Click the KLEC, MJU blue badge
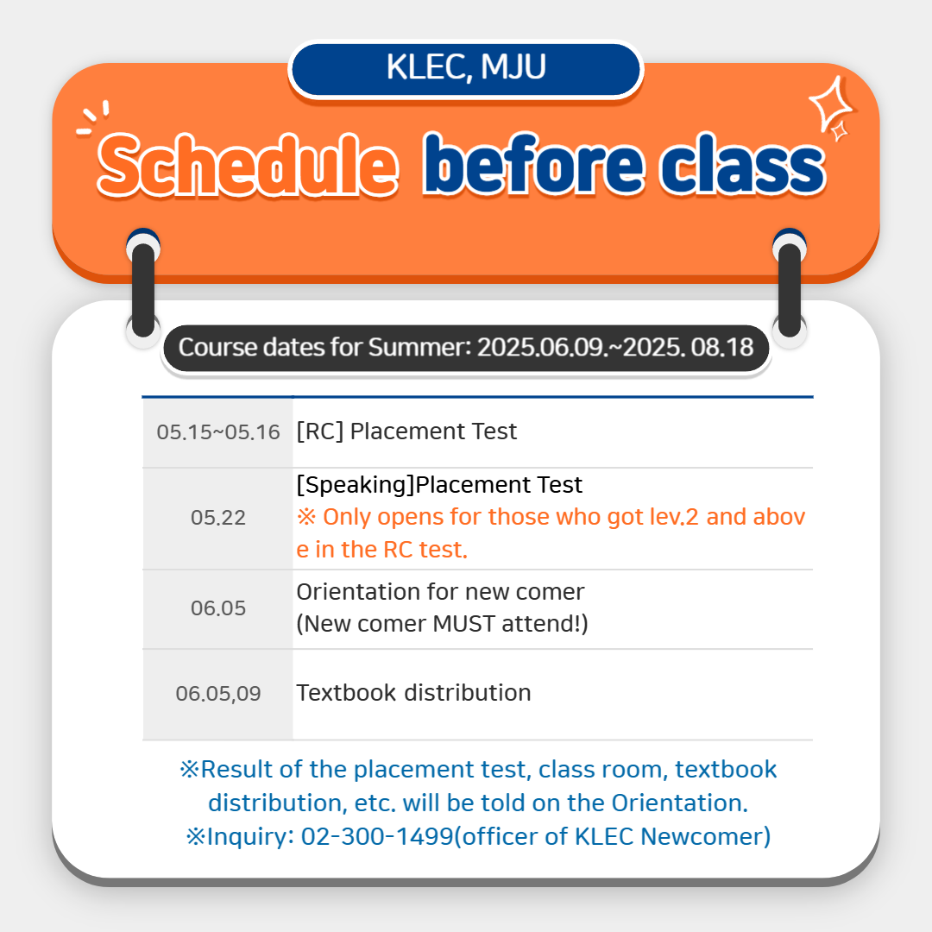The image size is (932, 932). click(x=465, y=69)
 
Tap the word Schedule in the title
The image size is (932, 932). click(x=248, y=165)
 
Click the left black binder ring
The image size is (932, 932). click(x=143, y=288)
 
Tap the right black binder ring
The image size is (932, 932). click(x=790, y=288)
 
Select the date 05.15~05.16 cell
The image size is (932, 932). click(x=218, y=432)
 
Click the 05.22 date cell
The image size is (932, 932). click(x=218, y=519)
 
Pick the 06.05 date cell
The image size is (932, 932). click(x=218, y=608)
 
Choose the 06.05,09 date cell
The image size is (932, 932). click(x=218, y=694)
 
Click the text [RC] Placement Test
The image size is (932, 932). click(x=406, y=431)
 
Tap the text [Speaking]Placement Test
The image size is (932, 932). click(x=439, y=485)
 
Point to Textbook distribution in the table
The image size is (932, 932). click(x=413, y=693)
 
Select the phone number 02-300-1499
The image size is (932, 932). click(x=377, y=836)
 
